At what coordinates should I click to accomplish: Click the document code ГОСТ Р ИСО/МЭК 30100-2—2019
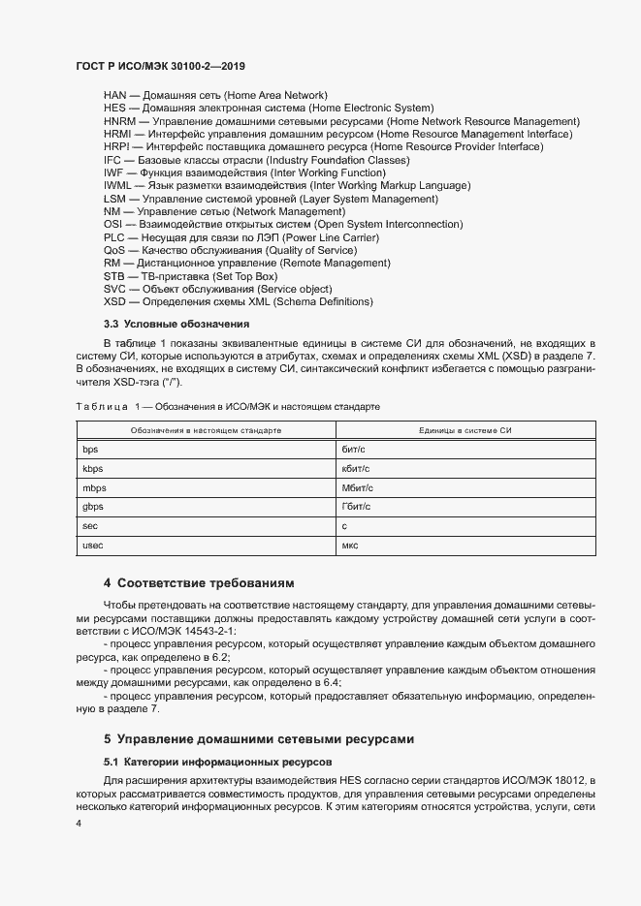pyautogui.click(x=160, y=65)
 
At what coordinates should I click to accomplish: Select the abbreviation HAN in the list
pyautogui.click(x=114, y=95)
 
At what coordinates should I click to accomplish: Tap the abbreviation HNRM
pyautogui.click(x=118, y=121)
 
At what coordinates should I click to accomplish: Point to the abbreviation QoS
pyautogui.click(x=114, y=250)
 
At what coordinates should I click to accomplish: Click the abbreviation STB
pyautogui.click(x=113, y=276)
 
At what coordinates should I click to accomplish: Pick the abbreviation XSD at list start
pyautogui.click(x=114, y=301)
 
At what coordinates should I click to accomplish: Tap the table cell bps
pyautogui.click(x=91, y=449)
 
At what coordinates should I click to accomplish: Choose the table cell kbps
pyautogui.click(x=93, y=468)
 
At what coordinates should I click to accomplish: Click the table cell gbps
pyautogui.click(x=93, y=506)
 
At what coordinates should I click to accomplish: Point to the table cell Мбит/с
pyautogui.click(x=357, y=487)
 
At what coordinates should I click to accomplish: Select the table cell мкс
pyautogui.click(x=350, y=546)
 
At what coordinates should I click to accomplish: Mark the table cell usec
pyautogui.click(x=94, y=546)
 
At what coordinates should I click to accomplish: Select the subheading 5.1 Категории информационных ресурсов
pyautogui.click(x=217, y=762)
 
